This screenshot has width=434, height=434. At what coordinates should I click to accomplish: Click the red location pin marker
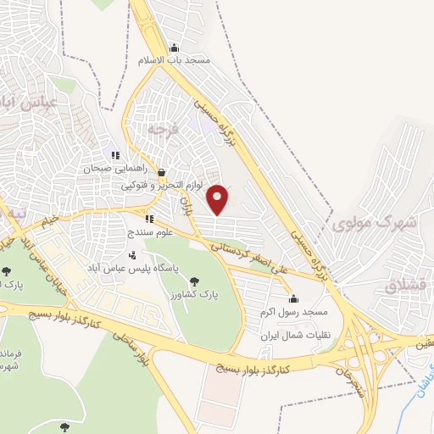tap(219, 198)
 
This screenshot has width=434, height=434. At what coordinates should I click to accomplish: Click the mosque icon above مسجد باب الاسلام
tap(175, 47)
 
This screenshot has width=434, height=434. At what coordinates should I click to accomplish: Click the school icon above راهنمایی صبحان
tap(115, 155)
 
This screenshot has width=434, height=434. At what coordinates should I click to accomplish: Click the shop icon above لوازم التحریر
tap(161, 172)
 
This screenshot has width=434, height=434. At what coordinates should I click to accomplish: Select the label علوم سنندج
tap(150, 231)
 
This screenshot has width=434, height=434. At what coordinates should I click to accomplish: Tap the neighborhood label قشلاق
tap(402, 287)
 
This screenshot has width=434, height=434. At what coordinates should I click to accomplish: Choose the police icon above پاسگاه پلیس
tap(132, 254)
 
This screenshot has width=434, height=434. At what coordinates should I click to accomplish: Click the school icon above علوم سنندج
tap(150, 219)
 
